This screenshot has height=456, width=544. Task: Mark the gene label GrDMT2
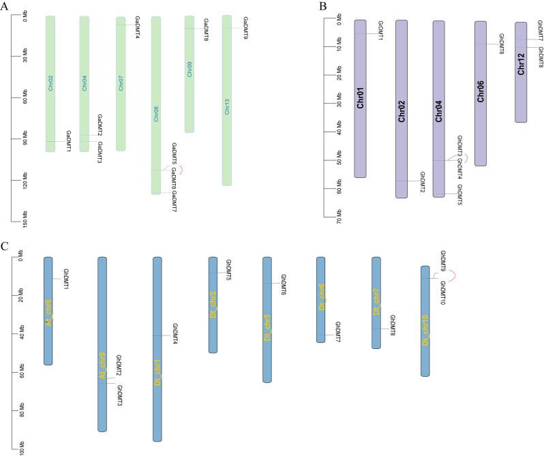click(x=422, y=182)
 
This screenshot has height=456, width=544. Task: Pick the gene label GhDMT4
click(x=175, y=334)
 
